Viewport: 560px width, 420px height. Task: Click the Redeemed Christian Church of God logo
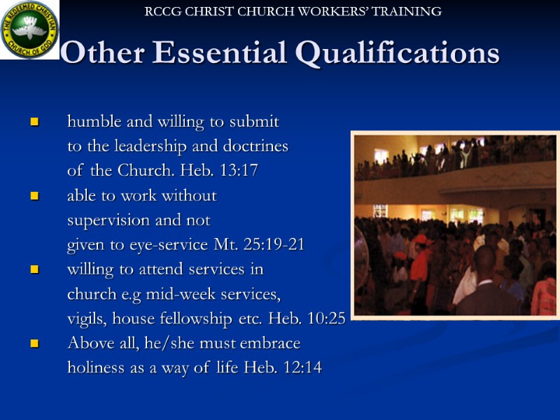(x=29, y=29)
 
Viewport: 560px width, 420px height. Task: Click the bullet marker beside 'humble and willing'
(x=33, y=122)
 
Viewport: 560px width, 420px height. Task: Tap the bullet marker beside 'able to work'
(x=33, y=197)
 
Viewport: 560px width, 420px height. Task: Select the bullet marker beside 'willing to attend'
(x=33, y=270)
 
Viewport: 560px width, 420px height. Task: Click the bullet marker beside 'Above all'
(x=33, y=344)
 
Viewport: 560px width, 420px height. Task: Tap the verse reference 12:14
(x=302, y=367)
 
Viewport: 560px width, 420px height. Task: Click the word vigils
(x=85, y=319)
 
